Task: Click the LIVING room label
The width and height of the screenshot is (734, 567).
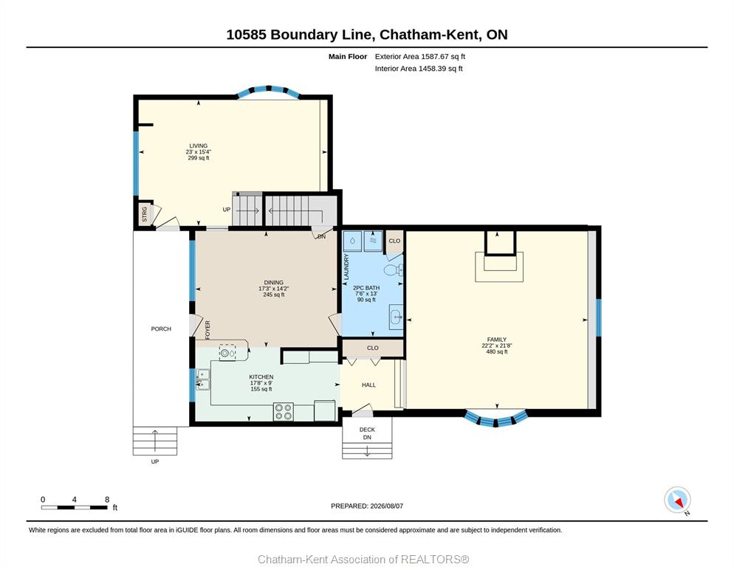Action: coord(199,145)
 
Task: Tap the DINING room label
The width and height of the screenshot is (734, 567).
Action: coord(274,282)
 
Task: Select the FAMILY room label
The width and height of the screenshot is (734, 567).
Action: coord(497,340)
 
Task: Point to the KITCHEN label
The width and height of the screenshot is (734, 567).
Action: coord(261,377)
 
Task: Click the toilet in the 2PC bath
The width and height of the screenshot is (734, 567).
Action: coord(393,269)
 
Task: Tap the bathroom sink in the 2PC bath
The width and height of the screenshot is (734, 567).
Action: coord(396,317)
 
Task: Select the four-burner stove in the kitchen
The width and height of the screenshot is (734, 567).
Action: coord(284,411)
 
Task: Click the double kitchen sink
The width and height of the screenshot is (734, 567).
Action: coord(203,379)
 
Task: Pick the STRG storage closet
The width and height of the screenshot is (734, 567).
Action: coord(145,214)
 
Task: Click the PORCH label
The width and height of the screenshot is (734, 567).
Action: coord(161,329)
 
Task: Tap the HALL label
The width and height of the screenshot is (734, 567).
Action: coord(369,385)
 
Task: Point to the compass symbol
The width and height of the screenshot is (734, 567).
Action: coord(677,500)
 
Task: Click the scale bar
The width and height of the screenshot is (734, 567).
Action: coord(75,507)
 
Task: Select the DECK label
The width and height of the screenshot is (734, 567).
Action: coord(367,430)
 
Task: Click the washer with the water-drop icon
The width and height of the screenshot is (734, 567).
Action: coord(352,241)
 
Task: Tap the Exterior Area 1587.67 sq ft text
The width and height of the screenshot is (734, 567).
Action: coord(420,57)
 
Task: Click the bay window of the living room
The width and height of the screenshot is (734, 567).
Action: coord(268,91)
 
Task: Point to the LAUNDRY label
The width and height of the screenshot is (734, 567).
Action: coord(346,267)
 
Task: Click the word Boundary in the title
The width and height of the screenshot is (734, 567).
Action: coord(322,35)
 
